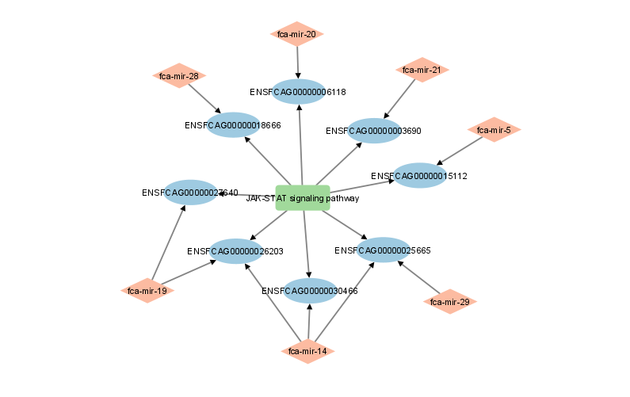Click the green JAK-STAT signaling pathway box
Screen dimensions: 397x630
pyautogui.click(x=303, y=197)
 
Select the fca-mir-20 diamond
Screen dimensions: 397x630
pyautogui.click(x=297, y=34)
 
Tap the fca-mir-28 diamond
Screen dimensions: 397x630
pyautogui.click(x=179, y=76)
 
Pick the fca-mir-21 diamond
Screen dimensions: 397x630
pyautogui.click(x=422, y=70)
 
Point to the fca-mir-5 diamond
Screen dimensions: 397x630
pyautogui.click(x=494, y=129)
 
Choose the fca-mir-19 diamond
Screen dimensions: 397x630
pyautogui.click(x=147, y=291)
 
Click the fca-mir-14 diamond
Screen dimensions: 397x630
pyautogui.click(x=308, y=351)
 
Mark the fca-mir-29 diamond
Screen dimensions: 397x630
pyautogui.click(x=450, y=302)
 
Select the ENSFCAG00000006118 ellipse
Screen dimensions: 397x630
pyautogui.click(x=299, y=92)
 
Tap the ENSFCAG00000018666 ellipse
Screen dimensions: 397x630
pyautogui.click(x=234, y=125)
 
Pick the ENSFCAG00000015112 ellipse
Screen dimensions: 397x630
pyautogui.click(x=420, y=176)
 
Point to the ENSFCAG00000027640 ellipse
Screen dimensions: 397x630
pyautogui.click(x=191, y=193)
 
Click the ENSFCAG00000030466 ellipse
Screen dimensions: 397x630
pyautogui.click(x=310, y=291)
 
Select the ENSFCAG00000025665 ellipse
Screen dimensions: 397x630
pyautogui.click(x=384, y=250)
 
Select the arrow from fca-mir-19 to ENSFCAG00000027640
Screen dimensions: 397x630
pyautogui.click(x=168, y=242)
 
